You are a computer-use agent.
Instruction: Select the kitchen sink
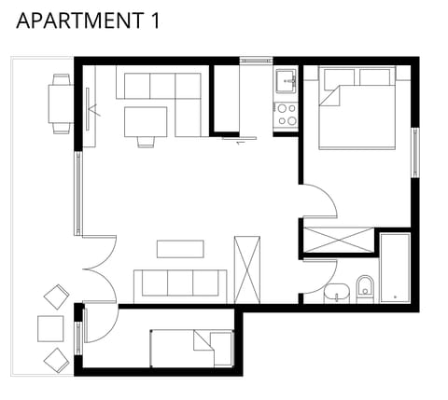285,82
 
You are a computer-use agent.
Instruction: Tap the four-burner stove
285,115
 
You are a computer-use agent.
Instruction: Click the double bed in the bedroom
359,109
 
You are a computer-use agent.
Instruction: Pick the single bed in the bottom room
192,347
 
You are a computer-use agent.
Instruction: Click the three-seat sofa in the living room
180,283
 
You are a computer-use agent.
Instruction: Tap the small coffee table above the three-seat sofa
180,248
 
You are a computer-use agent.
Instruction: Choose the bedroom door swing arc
317,200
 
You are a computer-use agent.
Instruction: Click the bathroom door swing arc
319,275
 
